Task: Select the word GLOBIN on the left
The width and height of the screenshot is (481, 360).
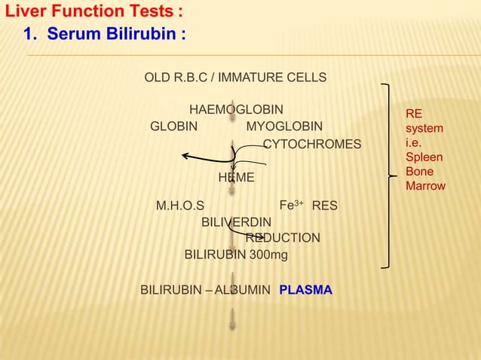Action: click(174, 126)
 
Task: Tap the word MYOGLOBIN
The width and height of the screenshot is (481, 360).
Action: click(284, 126)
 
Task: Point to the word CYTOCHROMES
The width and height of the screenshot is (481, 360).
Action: click(311, 144)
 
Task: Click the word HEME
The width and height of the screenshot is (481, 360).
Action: click(236, 178)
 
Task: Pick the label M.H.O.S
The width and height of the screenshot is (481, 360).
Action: click(179, 206)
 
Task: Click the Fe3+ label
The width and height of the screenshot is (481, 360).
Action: click(291, 205)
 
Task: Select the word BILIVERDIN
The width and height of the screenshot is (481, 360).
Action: click(236, 222)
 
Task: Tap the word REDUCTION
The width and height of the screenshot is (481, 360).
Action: click(283, 238)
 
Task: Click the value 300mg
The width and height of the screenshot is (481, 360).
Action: click(269, 255)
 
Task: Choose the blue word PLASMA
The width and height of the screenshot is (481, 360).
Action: click(305, 289)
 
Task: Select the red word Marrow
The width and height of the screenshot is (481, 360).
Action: click(425, 185)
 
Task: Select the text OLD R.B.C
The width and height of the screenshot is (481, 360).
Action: click(176, 78)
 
